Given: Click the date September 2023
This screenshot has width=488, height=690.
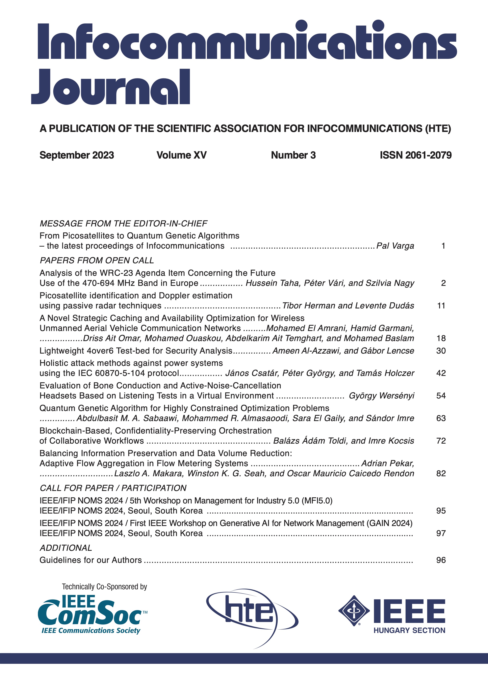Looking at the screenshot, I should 77,155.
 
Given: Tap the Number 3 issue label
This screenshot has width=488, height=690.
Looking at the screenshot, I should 293,155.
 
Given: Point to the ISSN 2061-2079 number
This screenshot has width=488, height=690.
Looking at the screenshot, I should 416,155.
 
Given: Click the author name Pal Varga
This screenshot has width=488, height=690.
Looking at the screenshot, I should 395,246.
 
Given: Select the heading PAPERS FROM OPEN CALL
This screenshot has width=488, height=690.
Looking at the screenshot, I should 97,260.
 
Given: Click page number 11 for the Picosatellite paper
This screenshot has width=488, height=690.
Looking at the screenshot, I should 441,306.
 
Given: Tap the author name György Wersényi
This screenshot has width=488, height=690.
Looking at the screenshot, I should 381,395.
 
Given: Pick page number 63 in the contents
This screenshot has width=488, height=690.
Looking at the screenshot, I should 441,418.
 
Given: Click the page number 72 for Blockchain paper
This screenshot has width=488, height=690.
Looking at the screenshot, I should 441,441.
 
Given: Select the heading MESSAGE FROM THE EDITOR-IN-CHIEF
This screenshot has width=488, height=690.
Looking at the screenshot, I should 123,224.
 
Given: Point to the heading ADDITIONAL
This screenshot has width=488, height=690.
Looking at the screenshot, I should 66,548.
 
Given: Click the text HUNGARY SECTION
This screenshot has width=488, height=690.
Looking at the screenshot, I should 409,631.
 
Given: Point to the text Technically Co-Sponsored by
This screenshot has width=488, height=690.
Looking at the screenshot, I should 104,587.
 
